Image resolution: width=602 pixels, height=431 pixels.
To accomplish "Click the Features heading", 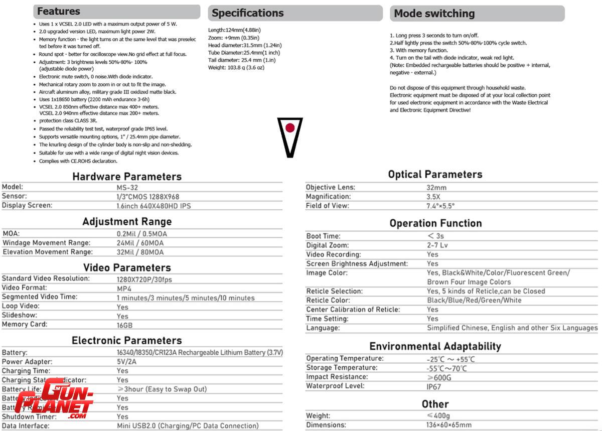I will click(x=59, y=12).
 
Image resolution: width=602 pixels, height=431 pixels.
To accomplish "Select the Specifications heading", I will click(x=248, y=13).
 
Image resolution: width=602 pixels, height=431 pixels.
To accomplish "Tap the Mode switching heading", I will click(x=434, y=14).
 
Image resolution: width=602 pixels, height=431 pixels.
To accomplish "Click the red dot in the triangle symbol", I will click(x=290, y=128).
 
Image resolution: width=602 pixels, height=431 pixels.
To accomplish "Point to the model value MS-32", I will click(x=126, y=187).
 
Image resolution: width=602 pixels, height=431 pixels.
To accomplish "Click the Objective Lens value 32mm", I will click(x=436, y=188).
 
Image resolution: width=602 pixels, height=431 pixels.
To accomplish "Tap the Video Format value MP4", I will click(x=124, y=289).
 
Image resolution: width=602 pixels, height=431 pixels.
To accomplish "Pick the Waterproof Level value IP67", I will click(x=434, y=386).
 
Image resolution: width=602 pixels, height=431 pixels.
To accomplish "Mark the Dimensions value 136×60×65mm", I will click(x=449, y=425).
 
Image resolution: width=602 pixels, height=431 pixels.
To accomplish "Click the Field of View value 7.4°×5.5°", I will click(x=440, y=206).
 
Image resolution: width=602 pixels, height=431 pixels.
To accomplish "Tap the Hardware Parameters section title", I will click(x=127, y=177).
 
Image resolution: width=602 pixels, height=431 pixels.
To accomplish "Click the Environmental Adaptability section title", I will click(x=435, y=346).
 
